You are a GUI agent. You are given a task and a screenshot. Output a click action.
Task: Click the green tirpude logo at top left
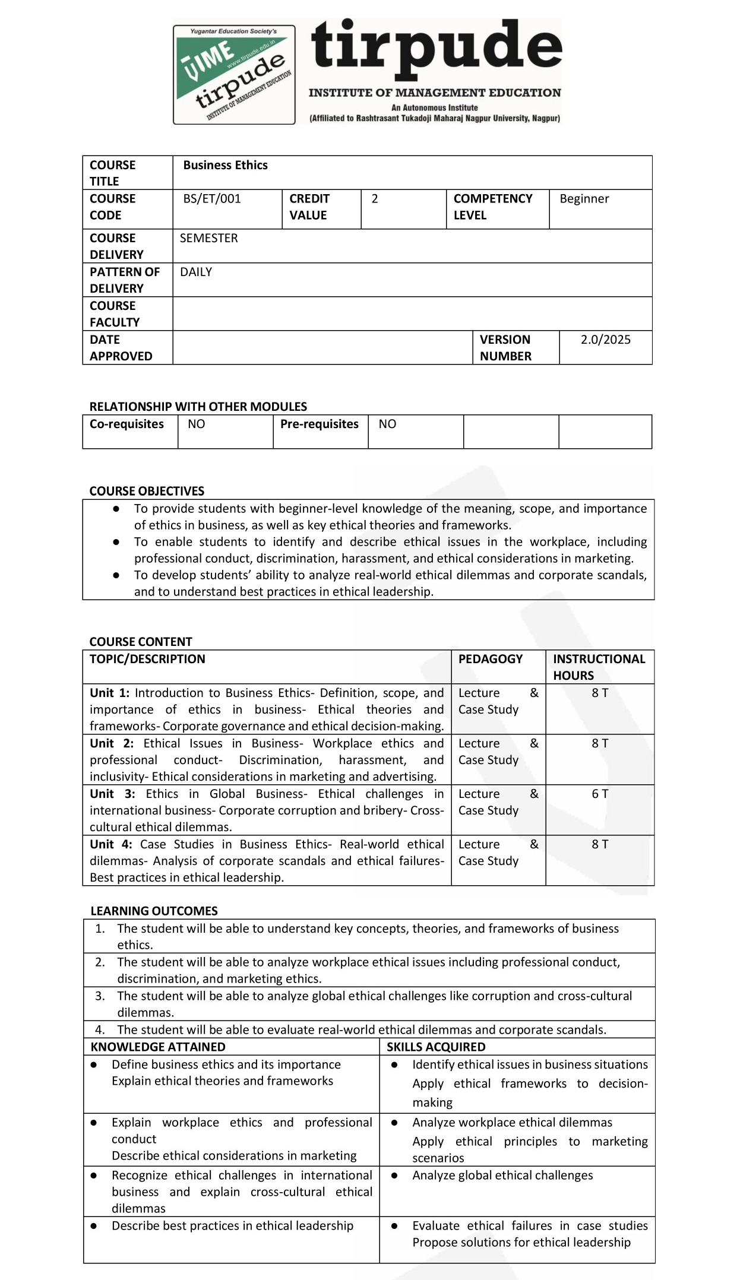234,74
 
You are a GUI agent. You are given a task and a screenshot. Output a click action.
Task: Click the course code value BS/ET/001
212,199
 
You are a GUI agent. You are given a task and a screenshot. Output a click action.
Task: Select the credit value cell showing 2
375,199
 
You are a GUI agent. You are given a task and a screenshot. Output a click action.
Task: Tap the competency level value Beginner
584,199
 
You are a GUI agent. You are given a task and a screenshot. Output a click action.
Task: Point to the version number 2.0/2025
605,340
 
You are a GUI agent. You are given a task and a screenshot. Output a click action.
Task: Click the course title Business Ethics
225,165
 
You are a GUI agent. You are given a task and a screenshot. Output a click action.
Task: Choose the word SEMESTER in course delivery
208,238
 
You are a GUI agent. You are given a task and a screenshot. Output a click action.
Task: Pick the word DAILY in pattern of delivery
196,272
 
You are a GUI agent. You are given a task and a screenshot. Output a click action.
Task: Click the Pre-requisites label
319,424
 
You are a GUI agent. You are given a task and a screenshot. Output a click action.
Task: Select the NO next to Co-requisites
196,424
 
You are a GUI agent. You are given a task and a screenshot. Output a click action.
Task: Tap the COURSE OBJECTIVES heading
147,491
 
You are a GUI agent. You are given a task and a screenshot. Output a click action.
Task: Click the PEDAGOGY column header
490,659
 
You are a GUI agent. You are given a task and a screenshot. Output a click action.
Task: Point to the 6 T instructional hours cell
600,794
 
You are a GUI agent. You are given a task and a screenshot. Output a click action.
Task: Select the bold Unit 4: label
110,844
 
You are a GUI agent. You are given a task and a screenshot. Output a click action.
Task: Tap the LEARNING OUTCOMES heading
154,911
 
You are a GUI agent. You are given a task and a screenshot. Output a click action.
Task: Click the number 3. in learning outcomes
100,996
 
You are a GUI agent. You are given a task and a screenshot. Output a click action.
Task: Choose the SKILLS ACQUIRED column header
436,1047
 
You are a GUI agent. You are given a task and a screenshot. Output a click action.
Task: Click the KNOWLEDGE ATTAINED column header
158,1047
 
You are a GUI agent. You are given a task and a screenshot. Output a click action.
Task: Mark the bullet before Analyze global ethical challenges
394,1176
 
